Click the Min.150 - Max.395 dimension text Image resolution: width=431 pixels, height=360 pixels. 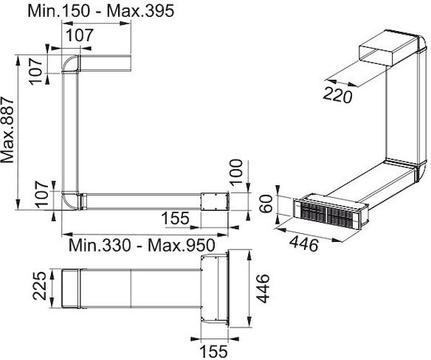coord(101,11)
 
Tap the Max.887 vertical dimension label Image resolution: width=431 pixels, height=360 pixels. coord(7,129)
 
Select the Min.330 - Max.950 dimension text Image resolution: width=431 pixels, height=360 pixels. coord(141,245)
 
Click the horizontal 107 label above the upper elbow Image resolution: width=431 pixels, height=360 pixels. coord(81,35)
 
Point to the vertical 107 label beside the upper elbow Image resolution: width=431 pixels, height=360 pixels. coord(36,71)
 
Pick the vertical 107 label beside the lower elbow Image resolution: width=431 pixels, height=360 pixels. coord(42,194)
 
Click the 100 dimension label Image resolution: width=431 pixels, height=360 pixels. coord(236,173)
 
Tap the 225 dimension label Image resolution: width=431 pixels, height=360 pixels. coord(39,286)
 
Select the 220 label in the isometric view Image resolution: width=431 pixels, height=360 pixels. coord(338,95)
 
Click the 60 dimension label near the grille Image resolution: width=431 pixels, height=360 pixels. coord(267,204)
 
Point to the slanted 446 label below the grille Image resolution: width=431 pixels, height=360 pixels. coord(305,244)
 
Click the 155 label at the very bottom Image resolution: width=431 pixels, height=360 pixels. coord(214,351)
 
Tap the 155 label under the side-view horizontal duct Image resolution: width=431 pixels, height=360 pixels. coord(176,218)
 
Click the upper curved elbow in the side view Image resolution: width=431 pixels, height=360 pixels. coord(71,64)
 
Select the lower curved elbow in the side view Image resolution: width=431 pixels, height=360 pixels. coord(70,201)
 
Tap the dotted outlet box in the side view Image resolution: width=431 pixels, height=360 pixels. coord(215,201)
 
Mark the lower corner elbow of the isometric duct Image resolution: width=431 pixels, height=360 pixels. coord(421,172)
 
